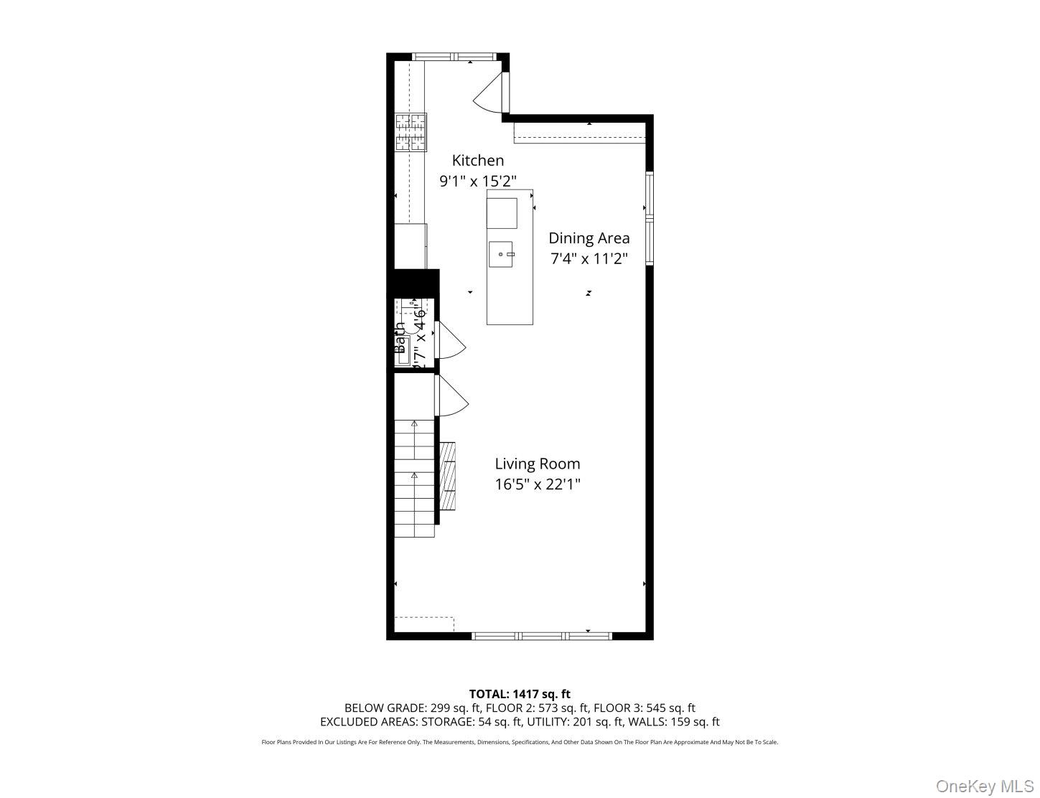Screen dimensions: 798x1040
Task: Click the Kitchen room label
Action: click(477, 161)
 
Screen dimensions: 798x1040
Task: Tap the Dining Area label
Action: click(589, 238)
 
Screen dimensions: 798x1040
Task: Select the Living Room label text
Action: click(537, 464)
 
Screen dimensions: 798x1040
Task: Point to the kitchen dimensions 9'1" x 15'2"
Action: click(477, 182)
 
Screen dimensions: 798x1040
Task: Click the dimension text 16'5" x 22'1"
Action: click(537, 484)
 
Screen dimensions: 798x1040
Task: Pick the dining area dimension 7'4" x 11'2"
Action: click(589, 259)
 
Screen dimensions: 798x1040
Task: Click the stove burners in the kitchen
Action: click(411, 133)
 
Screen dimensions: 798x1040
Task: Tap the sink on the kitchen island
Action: click(502, 254)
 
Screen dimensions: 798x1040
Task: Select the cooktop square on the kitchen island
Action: click(502, 212)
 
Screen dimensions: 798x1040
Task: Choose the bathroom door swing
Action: click(450, 340)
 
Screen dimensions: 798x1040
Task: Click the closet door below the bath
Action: click(450, 396)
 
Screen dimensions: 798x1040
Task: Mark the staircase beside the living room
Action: click(414, 477)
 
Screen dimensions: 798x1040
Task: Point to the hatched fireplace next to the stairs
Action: click(448, 475)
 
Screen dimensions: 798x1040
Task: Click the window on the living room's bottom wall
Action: click(541, 636)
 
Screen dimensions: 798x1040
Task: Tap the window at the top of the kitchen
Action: click(454, 57)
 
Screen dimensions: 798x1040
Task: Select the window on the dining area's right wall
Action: click(650, 218)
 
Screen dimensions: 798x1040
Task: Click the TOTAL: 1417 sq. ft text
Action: click(520, 694)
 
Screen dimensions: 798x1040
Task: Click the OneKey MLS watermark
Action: click(984, 787)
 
